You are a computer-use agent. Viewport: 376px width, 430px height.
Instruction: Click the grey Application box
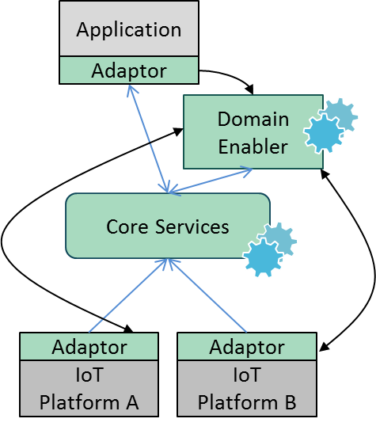[129, 29]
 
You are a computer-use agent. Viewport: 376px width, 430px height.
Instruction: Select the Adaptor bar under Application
[129, 70]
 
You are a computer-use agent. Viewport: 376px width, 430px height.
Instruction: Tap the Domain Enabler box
[253, 131]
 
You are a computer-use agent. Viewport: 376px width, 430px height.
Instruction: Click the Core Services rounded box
[168, 226]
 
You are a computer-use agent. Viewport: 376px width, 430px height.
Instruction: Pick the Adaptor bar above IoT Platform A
[89, 346]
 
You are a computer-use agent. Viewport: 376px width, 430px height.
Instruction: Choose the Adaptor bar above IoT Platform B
[247, 346]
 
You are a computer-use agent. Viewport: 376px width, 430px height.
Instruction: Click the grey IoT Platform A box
[89, 388]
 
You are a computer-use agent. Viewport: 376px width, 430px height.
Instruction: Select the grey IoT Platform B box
[247, 388]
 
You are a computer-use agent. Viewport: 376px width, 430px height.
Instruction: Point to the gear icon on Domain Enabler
[330, 126]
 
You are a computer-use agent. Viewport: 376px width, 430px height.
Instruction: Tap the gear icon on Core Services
[270, 249]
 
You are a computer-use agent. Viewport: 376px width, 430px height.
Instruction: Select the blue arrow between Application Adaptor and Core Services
[148, 139]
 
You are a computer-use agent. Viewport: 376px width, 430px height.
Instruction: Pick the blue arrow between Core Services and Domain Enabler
[211, 181]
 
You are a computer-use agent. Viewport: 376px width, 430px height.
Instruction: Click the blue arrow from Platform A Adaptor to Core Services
[127, 295]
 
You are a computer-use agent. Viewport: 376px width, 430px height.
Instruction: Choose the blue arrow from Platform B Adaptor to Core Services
[207, 295]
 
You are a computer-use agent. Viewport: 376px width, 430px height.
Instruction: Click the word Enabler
[253, 147]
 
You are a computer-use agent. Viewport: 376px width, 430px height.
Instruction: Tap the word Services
[192, 226]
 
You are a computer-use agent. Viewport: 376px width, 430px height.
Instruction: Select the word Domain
[253, 119]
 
